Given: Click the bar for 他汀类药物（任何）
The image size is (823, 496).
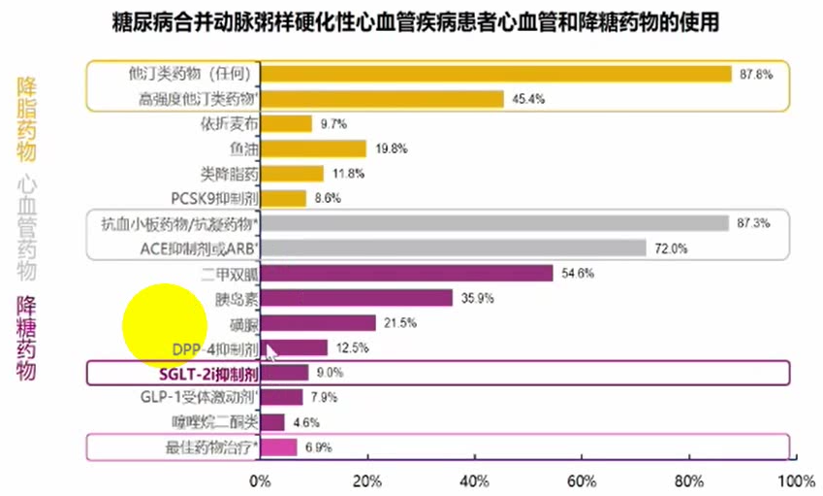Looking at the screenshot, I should (495, 74).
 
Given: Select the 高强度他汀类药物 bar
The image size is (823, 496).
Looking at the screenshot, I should (382, 98).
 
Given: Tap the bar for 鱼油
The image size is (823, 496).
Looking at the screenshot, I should (313, 149).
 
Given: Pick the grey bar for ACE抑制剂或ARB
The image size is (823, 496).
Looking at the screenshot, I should (453, 248).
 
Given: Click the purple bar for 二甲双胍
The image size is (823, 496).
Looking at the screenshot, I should (406, 273).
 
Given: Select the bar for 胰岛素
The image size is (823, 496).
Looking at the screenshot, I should (357, 298).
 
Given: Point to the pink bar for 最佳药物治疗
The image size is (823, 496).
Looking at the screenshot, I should (278, 447).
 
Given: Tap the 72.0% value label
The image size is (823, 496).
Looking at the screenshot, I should (671, 248).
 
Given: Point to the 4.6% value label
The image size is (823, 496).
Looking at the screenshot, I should (306, 422).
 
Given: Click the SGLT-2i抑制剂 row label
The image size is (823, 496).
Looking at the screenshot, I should (207, 373).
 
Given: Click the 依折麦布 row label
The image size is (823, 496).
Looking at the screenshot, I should (229, 123).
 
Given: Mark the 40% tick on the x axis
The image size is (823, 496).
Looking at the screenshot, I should (473, 480).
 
